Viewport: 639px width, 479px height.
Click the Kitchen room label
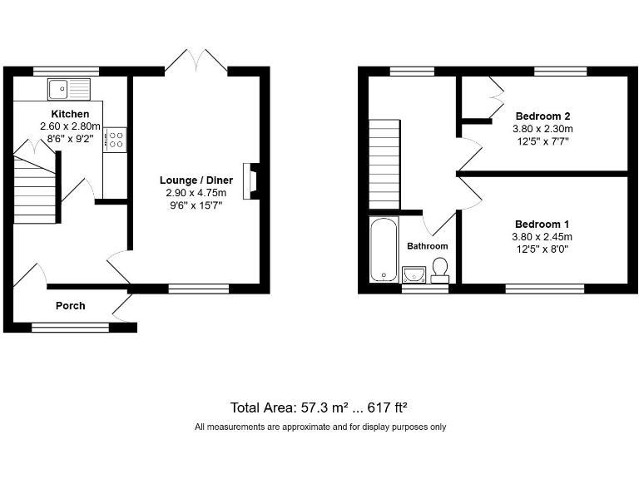pyautogui.click(x=70, y=113)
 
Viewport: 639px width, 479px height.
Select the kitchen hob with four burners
pyautogui.click(x=115, y=139)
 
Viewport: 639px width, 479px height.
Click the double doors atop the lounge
pyautogui.click(x=196, y=62)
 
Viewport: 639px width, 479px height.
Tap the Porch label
pyautogui.click(x=70, y=305)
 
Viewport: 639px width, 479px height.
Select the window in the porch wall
pyautogui.click(x=71, y=327)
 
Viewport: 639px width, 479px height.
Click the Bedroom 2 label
pyautogui.click(x=543, y=116)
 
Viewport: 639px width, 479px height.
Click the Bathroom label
pyautogui.click(x=427, y=246)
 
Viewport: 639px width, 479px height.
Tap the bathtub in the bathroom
pyautogui.click(x=383, y=249)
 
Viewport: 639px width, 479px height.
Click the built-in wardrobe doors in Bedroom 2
pyautogui.click(x=496, y=97)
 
